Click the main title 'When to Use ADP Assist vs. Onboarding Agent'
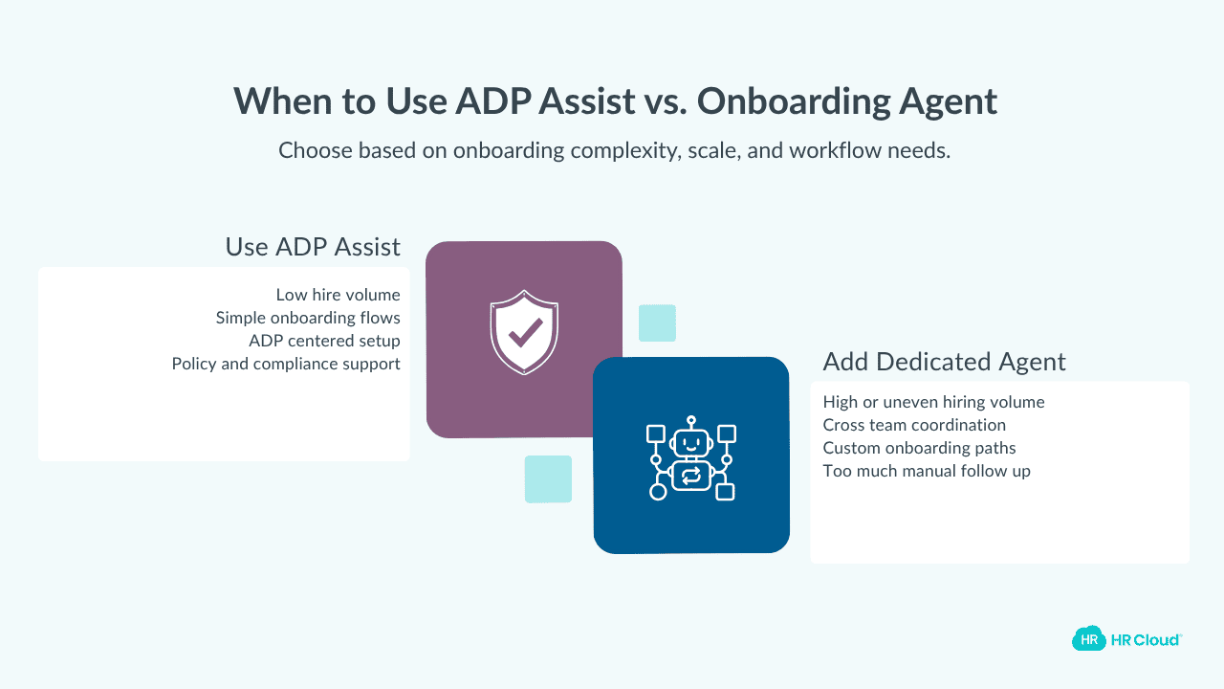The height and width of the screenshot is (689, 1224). click(615, 101)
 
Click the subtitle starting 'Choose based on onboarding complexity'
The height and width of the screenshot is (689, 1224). click(614, 150)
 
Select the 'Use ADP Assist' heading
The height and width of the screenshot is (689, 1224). click(313, 247)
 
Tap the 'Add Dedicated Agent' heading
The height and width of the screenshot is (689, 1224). click(944, 362)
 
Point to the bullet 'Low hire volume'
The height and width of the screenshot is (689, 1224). click(338, 295)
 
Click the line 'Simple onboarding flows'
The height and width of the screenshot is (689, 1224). click(308, 318)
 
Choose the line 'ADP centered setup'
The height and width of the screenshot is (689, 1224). click(324, 341)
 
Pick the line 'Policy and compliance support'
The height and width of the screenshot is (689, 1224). click(286, 364)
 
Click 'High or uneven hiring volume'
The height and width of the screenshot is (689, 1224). click(933, 402)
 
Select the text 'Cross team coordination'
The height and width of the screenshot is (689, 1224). click(914, 425)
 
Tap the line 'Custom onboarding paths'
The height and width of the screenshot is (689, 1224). click(919, 448)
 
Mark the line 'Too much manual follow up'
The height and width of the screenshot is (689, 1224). click(927, 471)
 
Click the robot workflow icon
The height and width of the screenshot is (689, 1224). click(691, 458)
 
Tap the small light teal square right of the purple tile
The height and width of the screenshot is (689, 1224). click(657, 323)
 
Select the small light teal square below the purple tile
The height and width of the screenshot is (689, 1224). click(548, 478)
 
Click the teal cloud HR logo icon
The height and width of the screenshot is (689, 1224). click(1088, 638)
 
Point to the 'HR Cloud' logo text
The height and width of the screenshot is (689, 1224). click(1145, 639)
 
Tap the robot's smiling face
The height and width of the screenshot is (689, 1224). click(691, 443)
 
